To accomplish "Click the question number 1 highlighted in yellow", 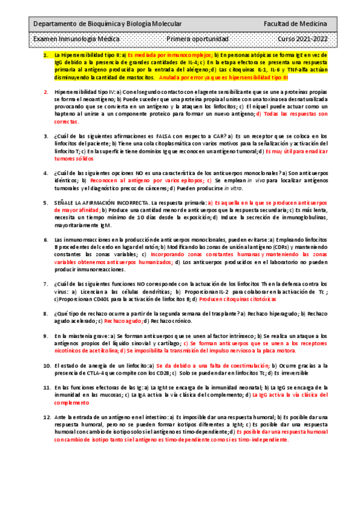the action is (x=46, y=55).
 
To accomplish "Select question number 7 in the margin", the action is (x=46, y=283).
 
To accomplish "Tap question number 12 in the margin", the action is (x=47, y=417).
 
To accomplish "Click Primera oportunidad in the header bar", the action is (x=197, y=38).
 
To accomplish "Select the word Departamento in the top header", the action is (x=55, y=23).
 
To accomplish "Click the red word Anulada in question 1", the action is (x=174, y=77).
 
